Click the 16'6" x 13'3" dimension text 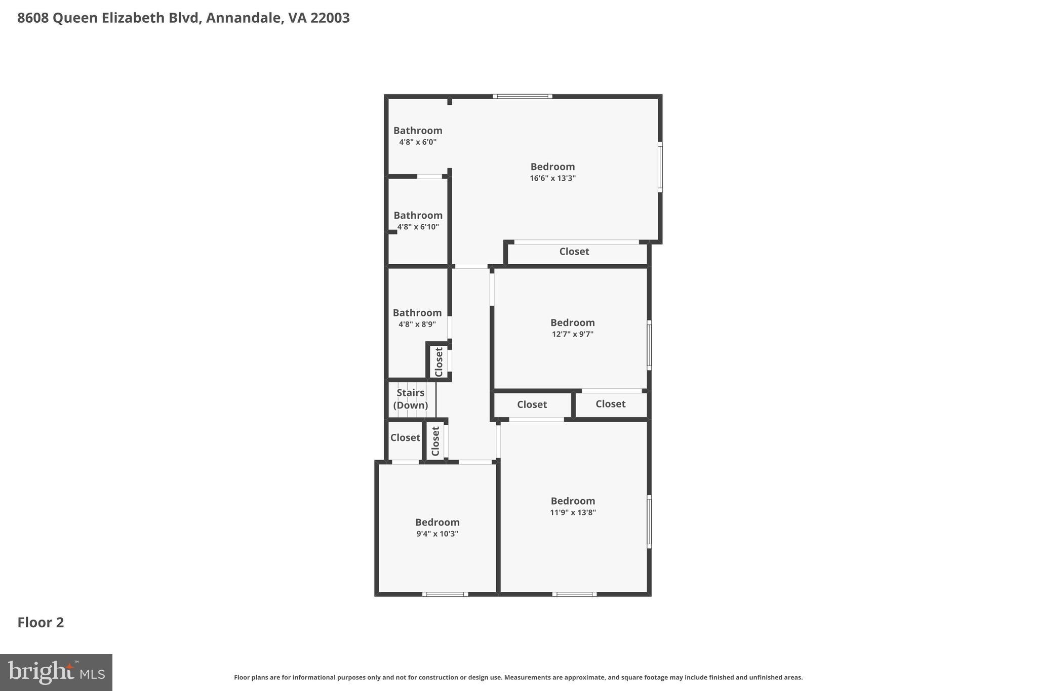click(552, 178)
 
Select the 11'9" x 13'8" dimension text click(573, 512)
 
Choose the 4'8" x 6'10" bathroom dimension click(418, 227)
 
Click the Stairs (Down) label click(410, 399)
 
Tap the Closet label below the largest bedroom click(574, 252)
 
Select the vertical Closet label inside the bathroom click(439, 361)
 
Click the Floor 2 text click(41, 622)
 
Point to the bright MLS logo click(56, 672)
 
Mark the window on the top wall click(523, 96)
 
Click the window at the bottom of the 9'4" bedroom click(445, 594)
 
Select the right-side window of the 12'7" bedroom click(649, 345)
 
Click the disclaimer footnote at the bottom click(518, 677)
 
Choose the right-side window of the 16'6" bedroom click(660, 167)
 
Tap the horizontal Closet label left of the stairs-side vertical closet click(405, 438)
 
